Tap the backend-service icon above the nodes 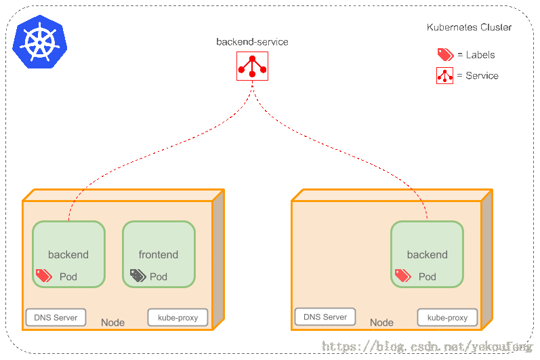[252, 66]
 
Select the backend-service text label [252, 42]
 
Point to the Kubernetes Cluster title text [469, 27]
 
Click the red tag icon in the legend [444, 55]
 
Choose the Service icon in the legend [444, 75]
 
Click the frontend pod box [159, 254]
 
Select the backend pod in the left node [68, 254]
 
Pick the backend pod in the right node [427, 254]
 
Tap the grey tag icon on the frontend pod [138, 275]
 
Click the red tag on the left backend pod [44, 275]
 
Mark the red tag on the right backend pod [402, 275]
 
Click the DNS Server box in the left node [56, 317]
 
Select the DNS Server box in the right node [325, 317]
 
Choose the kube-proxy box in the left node [178, 317]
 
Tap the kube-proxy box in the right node [447, 317]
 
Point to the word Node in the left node [112, 323]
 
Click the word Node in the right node [381, 323]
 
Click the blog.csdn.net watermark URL [427, 346]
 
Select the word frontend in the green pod [159, 255]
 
